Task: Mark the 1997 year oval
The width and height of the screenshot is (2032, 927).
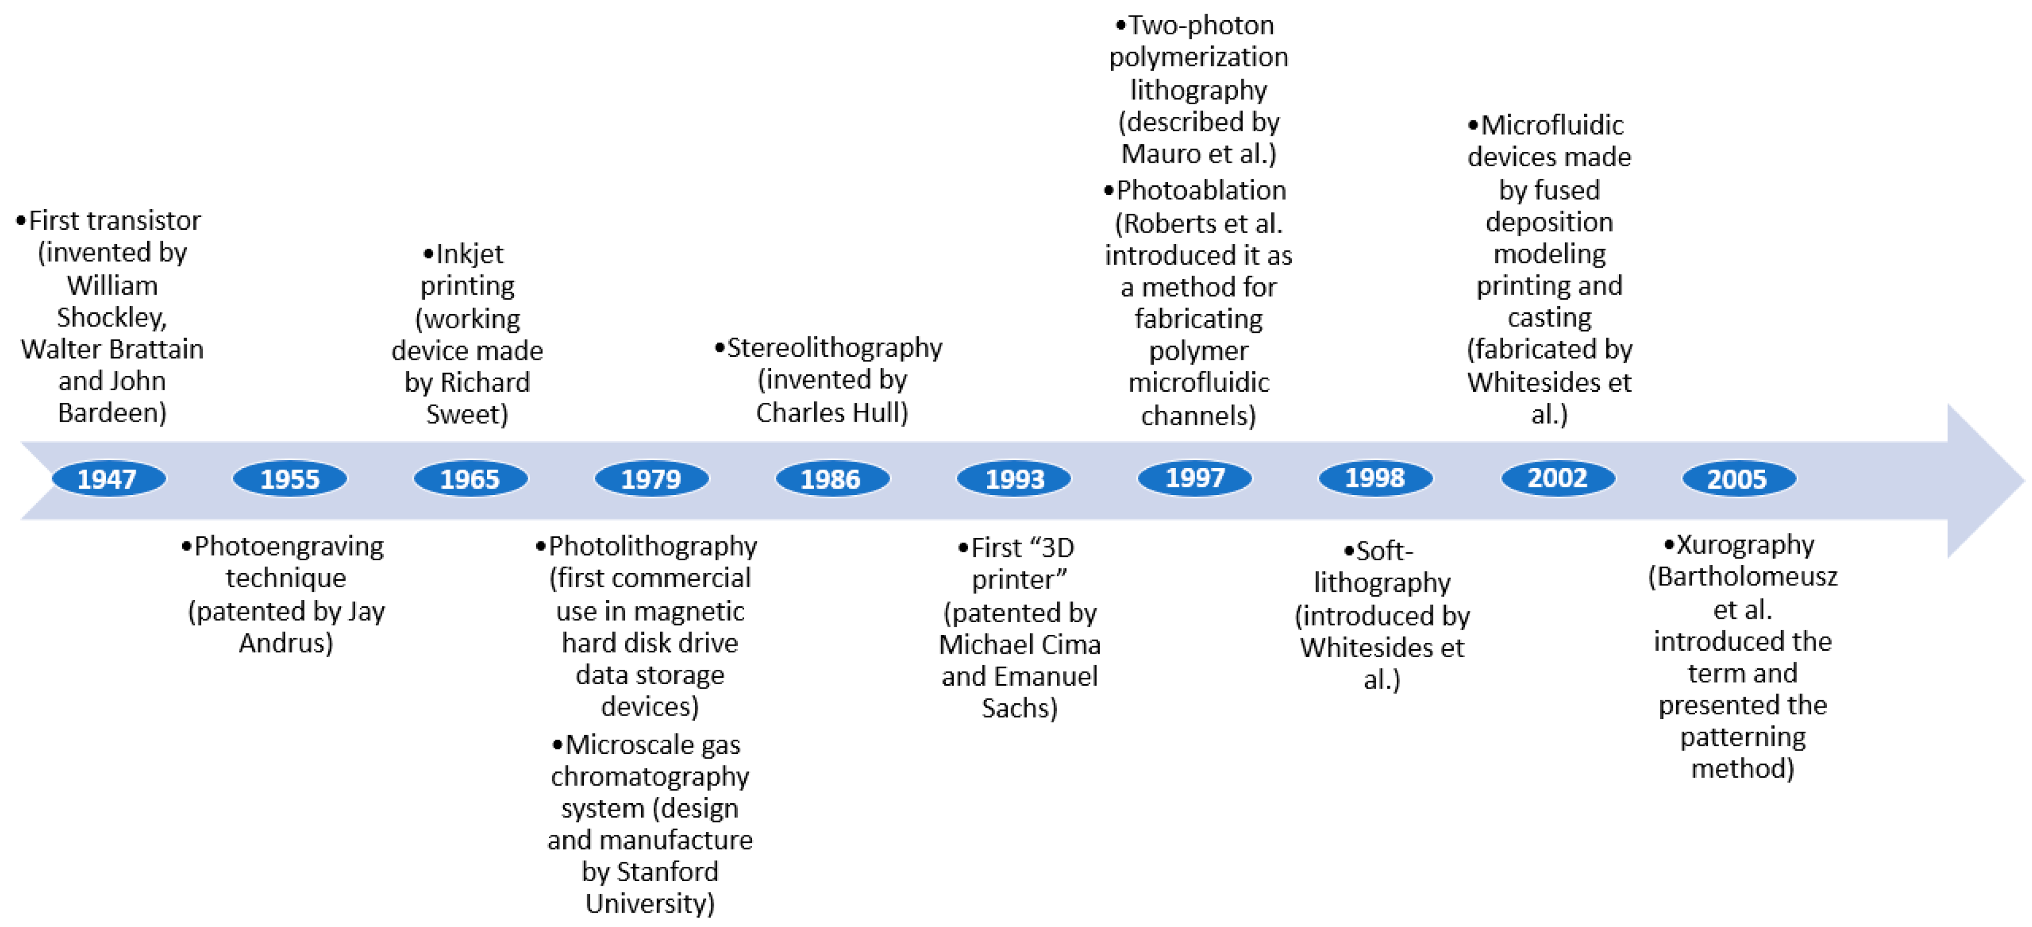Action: tap(1194, 477)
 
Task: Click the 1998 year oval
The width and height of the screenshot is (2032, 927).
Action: tap(1375, 477)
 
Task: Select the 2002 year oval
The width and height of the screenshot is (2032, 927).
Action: tap(1557, 477)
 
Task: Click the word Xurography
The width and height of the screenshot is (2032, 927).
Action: tap(1745, 544)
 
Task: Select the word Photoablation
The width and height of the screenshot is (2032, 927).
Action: tap(1201, 190)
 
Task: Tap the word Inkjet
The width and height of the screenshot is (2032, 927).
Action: tap(469, 254)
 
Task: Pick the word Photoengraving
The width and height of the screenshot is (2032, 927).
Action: tap(289, 546)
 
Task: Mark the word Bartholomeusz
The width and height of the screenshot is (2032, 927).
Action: tap(1747, 577)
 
